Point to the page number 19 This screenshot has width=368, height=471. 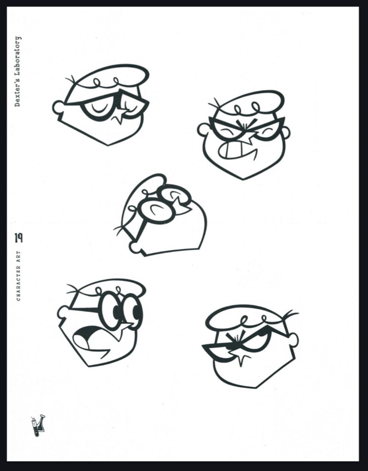pos(18,238)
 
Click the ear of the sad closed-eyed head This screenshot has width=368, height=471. pos(58,108)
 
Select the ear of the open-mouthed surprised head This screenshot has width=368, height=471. pos(64,312)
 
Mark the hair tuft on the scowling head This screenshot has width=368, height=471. pos(290,315)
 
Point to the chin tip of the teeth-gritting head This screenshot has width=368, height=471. pos(243,179)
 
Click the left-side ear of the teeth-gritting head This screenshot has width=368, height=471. pos(203,129)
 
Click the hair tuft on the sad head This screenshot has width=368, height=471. pos(71,80)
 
